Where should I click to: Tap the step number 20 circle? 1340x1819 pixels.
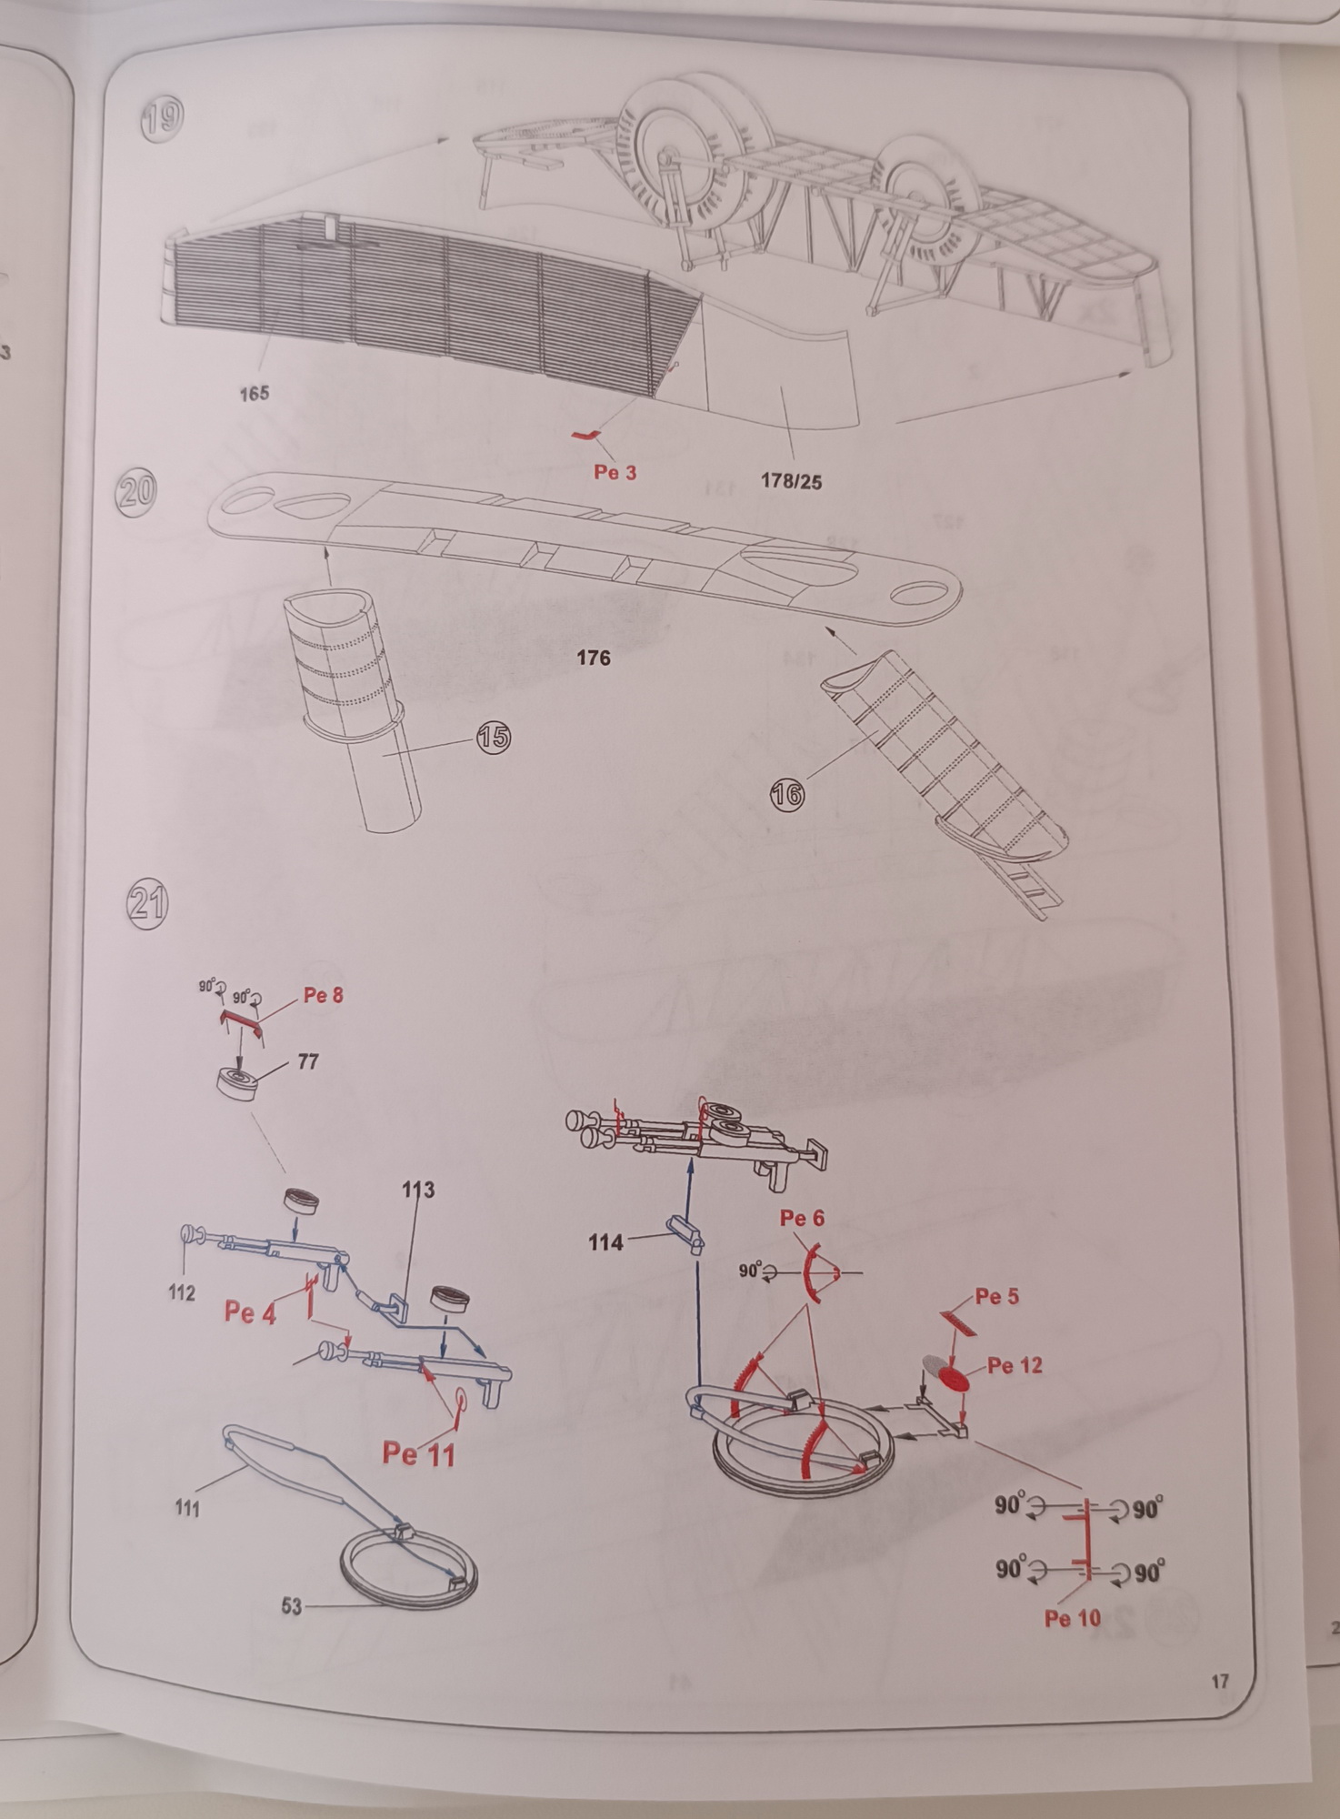(136, 491)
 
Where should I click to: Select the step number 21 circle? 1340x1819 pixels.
(145, 903)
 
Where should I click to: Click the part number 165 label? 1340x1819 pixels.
(255, 393)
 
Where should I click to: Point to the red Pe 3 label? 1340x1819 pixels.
(615, 472)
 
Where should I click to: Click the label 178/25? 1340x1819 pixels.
(791, 481)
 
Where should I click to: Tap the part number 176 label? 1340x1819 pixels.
(593, 658)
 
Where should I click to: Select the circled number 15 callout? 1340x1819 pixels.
(494, 737)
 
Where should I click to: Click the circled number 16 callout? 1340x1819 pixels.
(787, 795)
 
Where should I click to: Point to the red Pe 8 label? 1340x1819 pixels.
(324, 995)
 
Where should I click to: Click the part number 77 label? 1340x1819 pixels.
(308, 1061)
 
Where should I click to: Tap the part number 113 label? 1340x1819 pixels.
(418, 1189)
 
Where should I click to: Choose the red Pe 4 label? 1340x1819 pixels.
(250, 1311)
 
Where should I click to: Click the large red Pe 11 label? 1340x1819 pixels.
(418, 1452)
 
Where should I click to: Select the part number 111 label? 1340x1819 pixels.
(187, 1508)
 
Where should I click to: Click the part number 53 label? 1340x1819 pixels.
(291, 1606)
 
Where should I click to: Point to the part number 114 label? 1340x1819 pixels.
(605, 1241)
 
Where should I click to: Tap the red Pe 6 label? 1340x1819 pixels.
(802, 1218)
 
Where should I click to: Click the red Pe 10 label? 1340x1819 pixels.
(1073, 1617)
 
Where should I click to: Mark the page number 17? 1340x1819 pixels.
(1220, 1682)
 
